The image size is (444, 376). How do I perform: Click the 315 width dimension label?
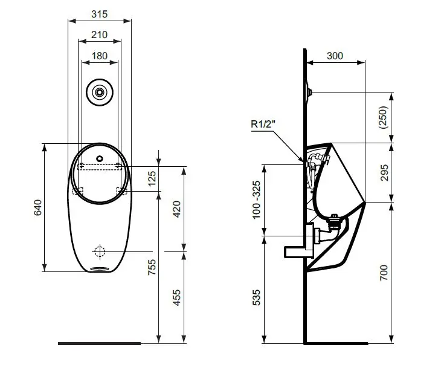click(100, 14)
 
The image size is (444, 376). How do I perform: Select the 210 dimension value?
click(100, 34)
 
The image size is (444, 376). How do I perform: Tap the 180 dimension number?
click(100, 56)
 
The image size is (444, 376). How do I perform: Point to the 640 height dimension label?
click(37, 207)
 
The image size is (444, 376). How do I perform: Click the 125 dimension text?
click(152, 178)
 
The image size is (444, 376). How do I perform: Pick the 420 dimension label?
click(176, 209)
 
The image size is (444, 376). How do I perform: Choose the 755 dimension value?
click(152, 267)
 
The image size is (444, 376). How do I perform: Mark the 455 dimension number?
click(176, 297)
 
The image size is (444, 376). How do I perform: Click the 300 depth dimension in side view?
click(335, 56)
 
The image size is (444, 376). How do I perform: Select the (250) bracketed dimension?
click(383, 117)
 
